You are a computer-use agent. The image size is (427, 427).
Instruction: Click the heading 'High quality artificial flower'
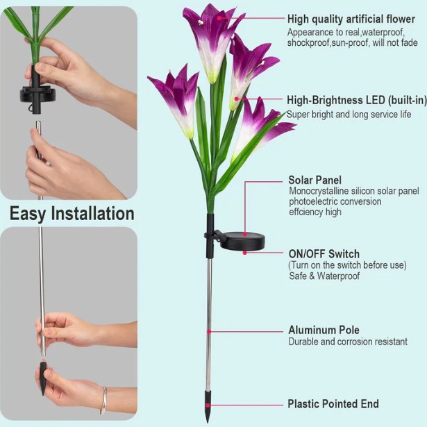pos(352,19)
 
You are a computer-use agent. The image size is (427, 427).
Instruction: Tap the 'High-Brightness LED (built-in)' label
pos(356,101)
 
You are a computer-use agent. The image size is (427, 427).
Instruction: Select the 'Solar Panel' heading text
pos(315,180)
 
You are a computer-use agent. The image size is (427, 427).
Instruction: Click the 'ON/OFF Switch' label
pos(324,254)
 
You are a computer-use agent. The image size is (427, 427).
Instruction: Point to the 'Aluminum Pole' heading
pos(324,330)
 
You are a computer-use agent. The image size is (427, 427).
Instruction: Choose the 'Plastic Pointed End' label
pos(333,404)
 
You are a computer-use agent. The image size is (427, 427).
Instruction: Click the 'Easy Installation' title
pos(72,213)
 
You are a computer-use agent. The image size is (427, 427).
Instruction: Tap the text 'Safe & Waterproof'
pos(324,276)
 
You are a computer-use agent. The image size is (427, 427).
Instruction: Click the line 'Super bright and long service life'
pos(349,114)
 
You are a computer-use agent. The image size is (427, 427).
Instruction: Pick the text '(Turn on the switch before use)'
pos(347,265)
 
